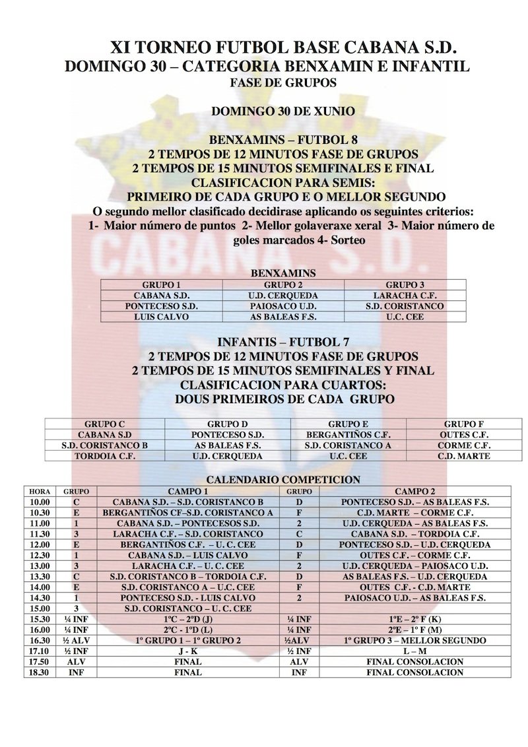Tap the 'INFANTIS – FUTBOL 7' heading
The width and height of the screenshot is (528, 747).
pyautogui.click(x=284, y=341)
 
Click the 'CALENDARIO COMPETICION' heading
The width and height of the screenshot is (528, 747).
pyautogui.click(x=284, y=480)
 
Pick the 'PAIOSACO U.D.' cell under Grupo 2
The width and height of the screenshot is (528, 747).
pyautogui.click(x=283, y=306)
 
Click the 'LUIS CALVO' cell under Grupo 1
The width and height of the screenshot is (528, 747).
pyautogui.click(x=162, y=317)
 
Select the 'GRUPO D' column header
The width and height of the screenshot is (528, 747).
pyautogui.click(x=226, y=424)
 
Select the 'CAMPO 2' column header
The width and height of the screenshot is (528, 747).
pyautogui.click(x=414, y=492)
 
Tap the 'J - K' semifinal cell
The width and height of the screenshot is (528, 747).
pyautogui.click(x=188, y=651)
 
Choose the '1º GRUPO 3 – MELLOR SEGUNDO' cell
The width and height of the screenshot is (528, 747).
pyautogui.click(x=414, y=641)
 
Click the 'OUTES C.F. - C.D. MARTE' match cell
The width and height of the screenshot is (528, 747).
pyautogui.click(x=414, y=587)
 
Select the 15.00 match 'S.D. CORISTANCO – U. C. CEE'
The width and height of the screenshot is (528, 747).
pyautogui.click(x=188, y=608)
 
